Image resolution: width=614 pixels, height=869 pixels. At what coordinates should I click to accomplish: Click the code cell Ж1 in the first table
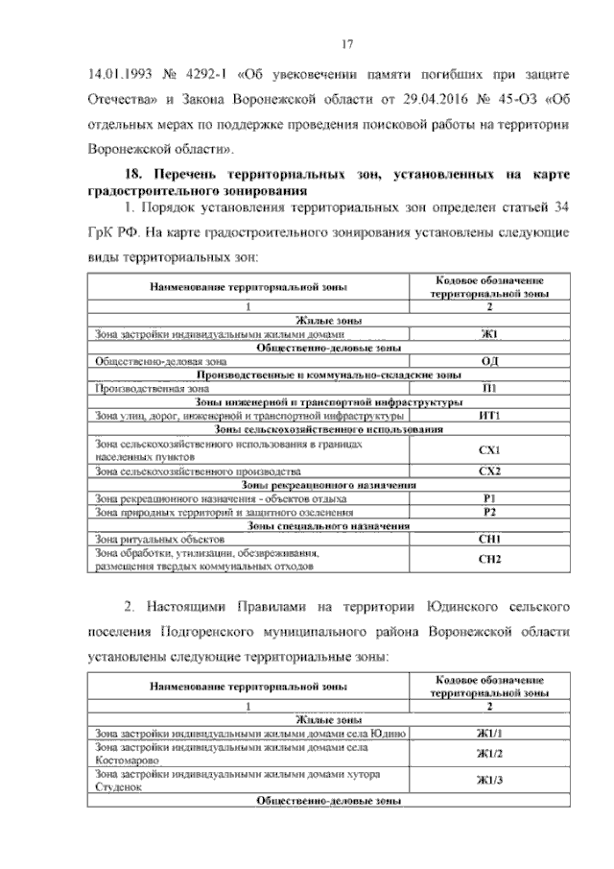point(488,334)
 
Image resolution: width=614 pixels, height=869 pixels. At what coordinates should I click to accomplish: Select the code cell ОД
point(488,361)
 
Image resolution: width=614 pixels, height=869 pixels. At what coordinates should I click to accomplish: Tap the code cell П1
point(488,389)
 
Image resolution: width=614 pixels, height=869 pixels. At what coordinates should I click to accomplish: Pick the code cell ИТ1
point(488,416)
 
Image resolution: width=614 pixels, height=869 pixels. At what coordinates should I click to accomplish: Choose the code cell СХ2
point(488,472)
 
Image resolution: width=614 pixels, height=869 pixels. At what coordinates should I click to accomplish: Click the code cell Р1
point(488,499)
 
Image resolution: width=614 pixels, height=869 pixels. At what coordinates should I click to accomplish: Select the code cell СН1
point(488,540)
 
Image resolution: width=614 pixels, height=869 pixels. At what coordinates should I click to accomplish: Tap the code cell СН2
point(488,560)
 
